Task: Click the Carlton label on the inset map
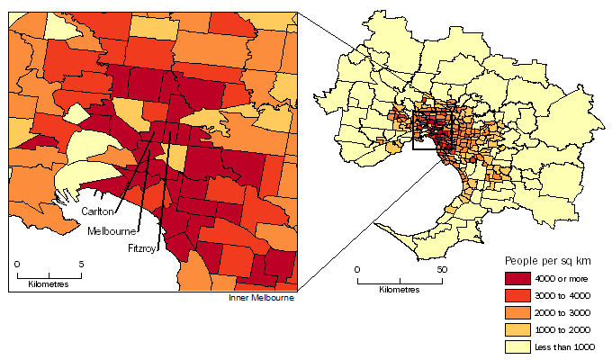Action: click(98, 211)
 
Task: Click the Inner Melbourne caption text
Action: click(262, 298)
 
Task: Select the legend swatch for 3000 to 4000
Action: click(519, 296)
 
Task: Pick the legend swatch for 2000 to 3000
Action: click(519, 313)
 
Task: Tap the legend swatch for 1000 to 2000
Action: click(519, 330)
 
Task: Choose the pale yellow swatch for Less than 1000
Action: click(519, 347)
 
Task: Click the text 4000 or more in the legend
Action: click(566, 279)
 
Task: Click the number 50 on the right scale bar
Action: click(441, 269)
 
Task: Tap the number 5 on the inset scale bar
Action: click(82, 263)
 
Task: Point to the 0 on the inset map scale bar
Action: click(17, 263)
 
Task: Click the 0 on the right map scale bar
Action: click(356, 269)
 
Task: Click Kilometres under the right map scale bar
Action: click(399, 291)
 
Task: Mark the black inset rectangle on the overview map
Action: click(430, 132)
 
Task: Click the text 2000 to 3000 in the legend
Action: click(567, 313)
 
